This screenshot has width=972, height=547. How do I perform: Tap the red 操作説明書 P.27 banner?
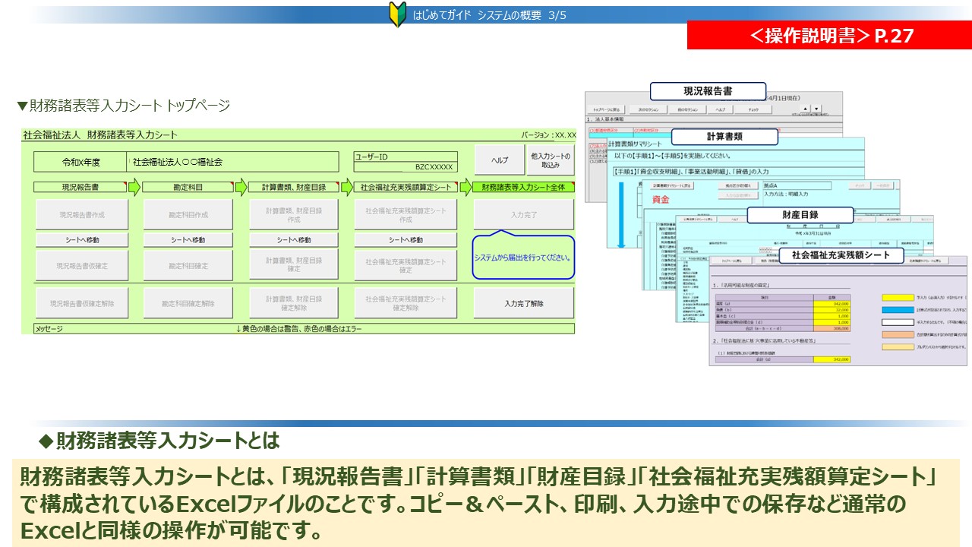point(829,36)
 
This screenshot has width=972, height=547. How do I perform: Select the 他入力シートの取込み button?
point(551,160)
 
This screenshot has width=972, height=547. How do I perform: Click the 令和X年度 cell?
point(80,162)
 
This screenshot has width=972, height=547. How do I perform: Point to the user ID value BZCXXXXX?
point(434,167)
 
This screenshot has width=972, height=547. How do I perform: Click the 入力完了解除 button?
point(523,303)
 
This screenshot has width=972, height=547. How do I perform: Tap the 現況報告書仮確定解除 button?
point(83,303)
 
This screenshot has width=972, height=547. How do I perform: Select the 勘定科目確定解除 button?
point(188,303)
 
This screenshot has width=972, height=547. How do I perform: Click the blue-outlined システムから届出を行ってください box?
point(523,258)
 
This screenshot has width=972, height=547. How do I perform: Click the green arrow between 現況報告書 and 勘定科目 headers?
point(134,187)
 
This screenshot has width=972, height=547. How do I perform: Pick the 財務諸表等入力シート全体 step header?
point(522,187)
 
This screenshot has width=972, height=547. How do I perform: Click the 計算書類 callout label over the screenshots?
point(724,137)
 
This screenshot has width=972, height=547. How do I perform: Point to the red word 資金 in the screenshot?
point(661,200)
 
